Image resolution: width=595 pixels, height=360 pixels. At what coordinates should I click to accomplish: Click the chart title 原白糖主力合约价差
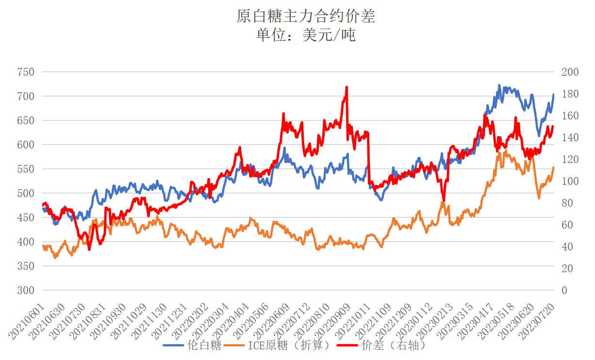[306, 16]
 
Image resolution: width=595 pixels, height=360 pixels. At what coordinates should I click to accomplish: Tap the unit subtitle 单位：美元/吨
[306, 35]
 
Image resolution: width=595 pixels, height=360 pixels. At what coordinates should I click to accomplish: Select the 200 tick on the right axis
[570, 72]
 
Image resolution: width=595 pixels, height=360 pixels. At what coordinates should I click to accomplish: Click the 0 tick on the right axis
[563, 291]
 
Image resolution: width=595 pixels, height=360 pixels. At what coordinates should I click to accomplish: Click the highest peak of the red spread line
[347, 87]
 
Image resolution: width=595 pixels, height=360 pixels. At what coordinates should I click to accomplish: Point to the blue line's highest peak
[499, 85]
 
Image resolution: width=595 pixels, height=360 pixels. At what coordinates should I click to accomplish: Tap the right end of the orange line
[553, 167]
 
